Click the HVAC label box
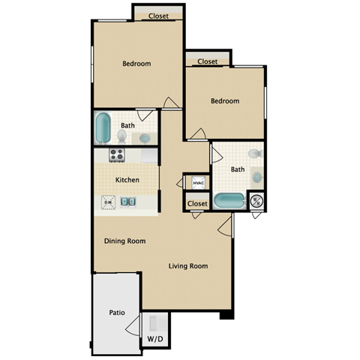[198, 183]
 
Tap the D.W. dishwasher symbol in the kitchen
[109, 201]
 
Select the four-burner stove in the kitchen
[117, 155]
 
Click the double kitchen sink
[129, 201]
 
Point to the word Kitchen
[127, 180]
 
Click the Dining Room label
[124, 241]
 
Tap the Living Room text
[187, 265]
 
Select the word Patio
[116, 313]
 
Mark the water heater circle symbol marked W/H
[256, 201]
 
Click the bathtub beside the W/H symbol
[229, 201]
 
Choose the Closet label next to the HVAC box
[197, 203]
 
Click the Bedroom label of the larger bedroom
[136, 64]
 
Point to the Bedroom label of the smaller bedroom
[225, 100]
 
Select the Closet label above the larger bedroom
[158, 16]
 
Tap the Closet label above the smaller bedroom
[208, 61]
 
